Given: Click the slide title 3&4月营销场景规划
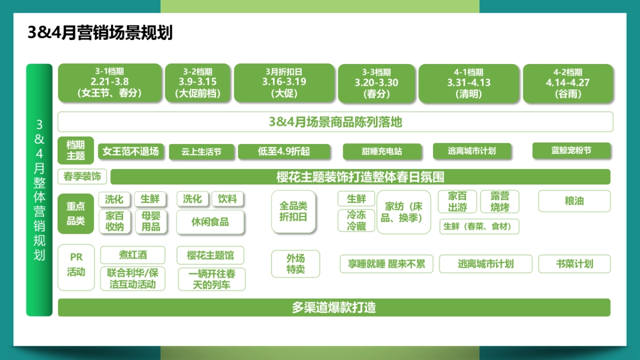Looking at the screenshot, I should [x=100, y=33].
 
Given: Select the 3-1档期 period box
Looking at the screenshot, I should [x=109, y=83].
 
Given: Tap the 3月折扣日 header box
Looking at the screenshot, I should [x=284, y=83].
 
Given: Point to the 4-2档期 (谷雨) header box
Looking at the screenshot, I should [x=568, y=83].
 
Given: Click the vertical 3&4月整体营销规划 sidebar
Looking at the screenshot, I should [x=39, y=190].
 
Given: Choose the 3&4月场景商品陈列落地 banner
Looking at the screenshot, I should [x=335, y=122].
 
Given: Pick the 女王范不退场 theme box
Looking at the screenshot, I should [x=131, y=151].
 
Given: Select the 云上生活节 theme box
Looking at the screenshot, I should [x=202, y=151].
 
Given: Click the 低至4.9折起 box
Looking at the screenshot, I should [x=284, y=151].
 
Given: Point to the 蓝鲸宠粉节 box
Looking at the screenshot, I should [x=571, y=150].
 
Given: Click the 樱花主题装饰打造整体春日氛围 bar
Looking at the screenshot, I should [x=360, y=177].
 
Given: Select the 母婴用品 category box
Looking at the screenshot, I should [x=150, y=221].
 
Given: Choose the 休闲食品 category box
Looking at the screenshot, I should [x=210, y=222].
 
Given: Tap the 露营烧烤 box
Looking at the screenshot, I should [x=500, y=202].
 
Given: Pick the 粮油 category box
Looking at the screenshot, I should [x=574, y=201].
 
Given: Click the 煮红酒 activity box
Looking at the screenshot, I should [x=133, y=254].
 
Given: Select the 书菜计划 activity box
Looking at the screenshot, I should [x=574, y=263].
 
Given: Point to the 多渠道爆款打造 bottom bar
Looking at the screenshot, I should [x=334, y=307].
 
